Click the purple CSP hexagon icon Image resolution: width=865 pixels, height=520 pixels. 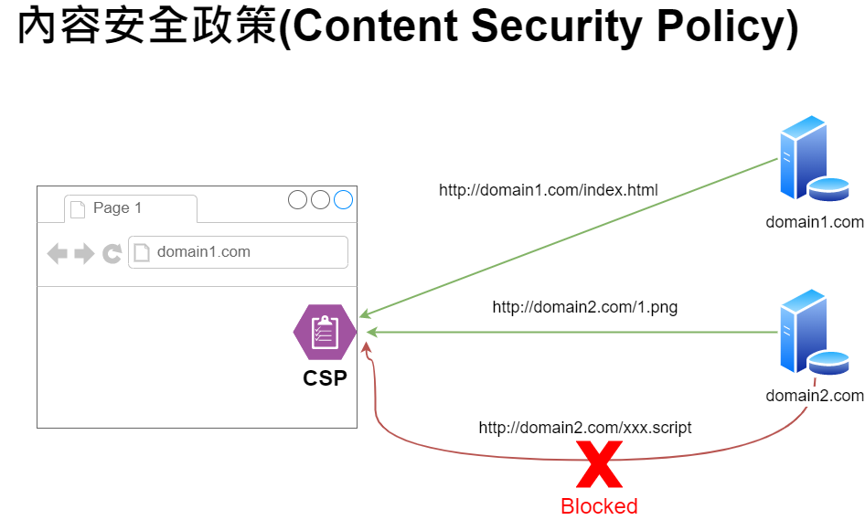[x=325, y=332]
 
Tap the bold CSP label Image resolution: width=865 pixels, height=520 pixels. [x=325, y=378]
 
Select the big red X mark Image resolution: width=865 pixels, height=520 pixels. [x=599, y=464]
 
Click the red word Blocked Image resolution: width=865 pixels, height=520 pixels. [x=599, y=506]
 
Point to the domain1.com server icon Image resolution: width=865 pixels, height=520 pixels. [x=814, y=158]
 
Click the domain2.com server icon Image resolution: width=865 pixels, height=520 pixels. [x=814, y=332]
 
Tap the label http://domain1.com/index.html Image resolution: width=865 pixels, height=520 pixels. [x=549, y=190]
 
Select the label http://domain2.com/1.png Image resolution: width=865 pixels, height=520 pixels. [x=585, y=307]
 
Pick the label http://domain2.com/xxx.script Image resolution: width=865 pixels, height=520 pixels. [x=585, y=428]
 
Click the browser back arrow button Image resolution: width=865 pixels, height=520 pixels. [x=58, y=254]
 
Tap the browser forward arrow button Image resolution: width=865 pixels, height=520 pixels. [x=84, y=254]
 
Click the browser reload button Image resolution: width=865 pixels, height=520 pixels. [x=112, y=254]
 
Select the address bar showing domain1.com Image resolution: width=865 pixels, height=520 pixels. [x=238, y=252]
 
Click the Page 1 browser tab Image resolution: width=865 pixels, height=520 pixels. [x=131, y=208]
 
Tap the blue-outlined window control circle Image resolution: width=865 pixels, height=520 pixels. [x=343, y=199]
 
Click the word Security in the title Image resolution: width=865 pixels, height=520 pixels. [x=556, y=26]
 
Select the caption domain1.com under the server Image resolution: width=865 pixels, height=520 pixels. [x=815, y=222]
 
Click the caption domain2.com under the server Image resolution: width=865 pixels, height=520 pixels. [x=815, y=396]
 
